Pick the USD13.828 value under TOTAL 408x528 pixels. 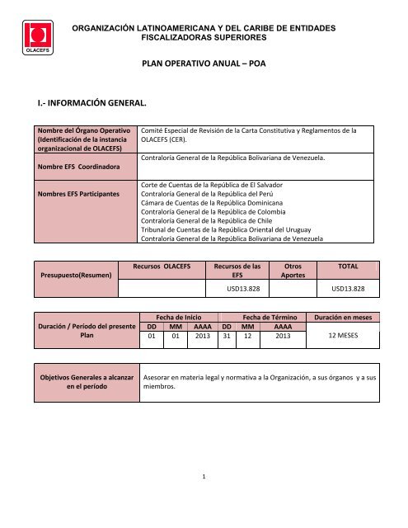tap(354, 289)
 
